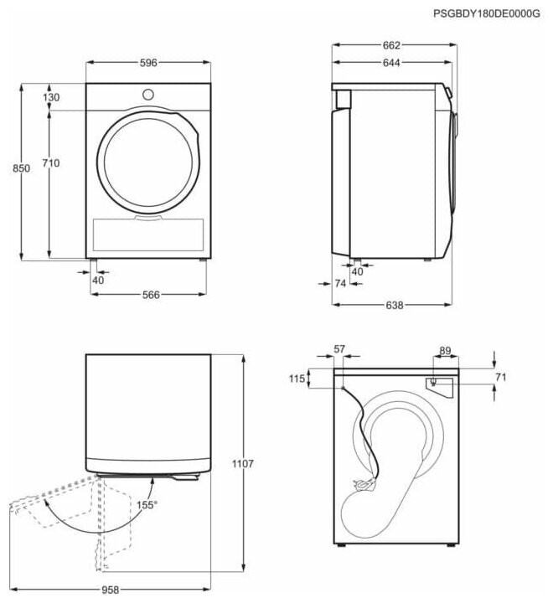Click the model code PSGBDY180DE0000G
(487, 13)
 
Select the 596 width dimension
(147, 64)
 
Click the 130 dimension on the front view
(52, 98)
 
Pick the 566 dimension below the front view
(150, 294)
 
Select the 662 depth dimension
(391, 44)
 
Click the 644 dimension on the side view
(391, 63)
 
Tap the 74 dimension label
(340, 285)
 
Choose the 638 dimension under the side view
(393, 305)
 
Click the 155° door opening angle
(147, 506)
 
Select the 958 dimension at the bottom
(110, 590)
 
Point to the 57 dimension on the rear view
(339, 348)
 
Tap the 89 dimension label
(445, 351)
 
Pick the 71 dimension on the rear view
(500, 378)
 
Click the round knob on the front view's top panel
(148, 94)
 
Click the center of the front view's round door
(147, 162)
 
